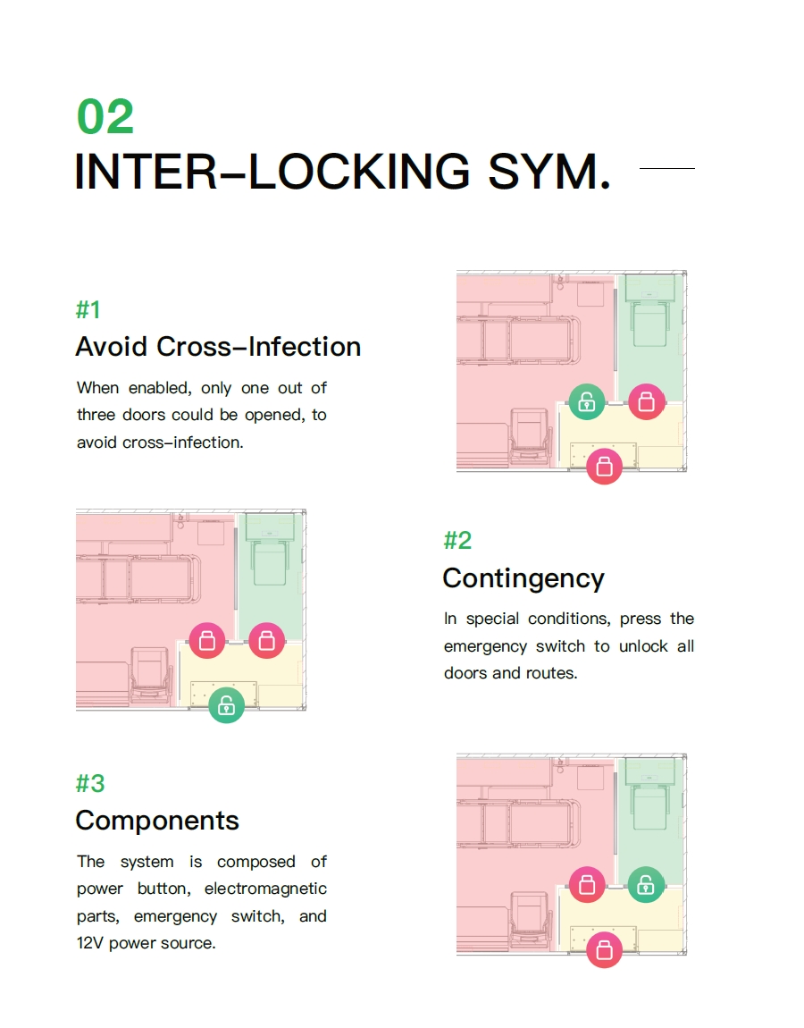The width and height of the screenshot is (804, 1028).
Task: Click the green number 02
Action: click(x=105, y=117)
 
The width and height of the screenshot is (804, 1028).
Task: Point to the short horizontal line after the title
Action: click(x=667, y=168)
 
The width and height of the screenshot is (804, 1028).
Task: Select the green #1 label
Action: click(x=88, y=310)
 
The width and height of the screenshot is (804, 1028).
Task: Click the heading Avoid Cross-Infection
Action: click(x=218, y=347)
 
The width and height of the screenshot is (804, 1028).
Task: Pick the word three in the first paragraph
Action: click(x=96, y=416)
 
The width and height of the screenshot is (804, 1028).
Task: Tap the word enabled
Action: click(x=159, y=388)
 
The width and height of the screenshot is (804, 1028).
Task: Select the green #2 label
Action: click(x=457, y=540)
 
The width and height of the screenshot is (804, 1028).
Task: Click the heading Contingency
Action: click(x=523, y=578)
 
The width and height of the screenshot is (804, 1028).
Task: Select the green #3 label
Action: click(x=90, y=783)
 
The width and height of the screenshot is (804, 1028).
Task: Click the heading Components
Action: click(x=157, y=821)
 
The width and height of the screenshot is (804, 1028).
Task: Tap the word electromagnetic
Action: click(x=265, y=889)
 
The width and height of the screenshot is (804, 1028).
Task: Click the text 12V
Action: click(x=90, y=943)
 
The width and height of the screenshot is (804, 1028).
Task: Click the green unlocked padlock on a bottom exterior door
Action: click(x=227, y=704)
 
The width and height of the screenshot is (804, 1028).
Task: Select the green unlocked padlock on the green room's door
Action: click(x=646, y=885)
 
